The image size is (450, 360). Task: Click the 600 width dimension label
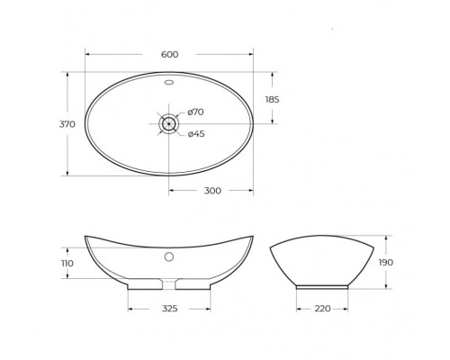169,54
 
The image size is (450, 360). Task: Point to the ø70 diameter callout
197,112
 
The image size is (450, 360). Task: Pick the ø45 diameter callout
197,134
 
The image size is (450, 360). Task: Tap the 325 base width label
168,309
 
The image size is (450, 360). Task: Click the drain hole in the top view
169,123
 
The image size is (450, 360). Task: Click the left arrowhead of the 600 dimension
87,60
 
